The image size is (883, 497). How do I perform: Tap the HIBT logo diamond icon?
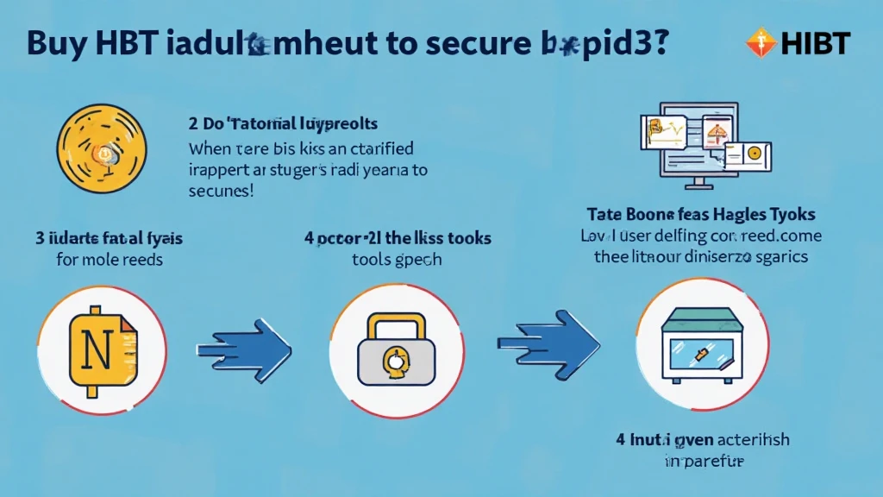coord(759,41)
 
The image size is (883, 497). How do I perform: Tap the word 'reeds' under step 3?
coord(141,259)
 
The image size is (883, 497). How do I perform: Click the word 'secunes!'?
coord(221,191)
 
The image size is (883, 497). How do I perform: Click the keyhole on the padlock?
coord(393,362)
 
